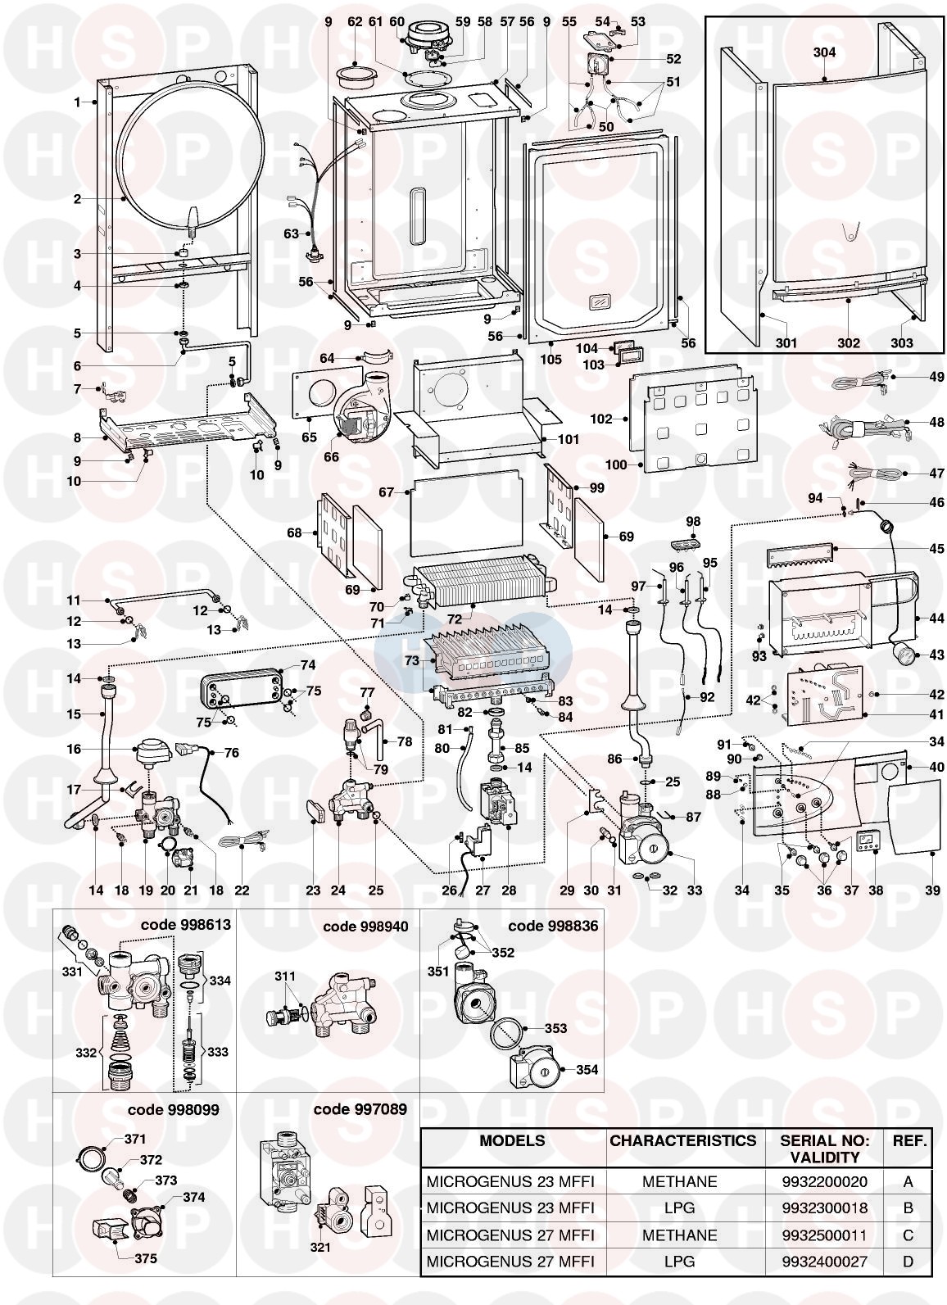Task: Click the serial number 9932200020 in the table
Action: [825, 1181]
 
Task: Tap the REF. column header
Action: [908, 1140]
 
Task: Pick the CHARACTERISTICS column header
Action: [682, 1140]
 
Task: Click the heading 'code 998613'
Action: [186, 924]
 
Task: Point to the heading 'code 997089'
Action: [360, 1109]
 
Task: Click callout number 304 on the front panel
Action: [824, 52]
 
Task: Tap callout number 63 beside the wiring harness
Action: [292, 233]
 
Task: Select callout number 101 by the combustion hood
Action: [569, 439]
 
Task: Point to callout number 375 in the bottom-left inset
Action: [147, 1258]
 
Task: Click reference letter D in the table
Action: [908, 1261]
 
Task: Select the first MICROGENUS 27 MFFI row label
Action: [510, 1235]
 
